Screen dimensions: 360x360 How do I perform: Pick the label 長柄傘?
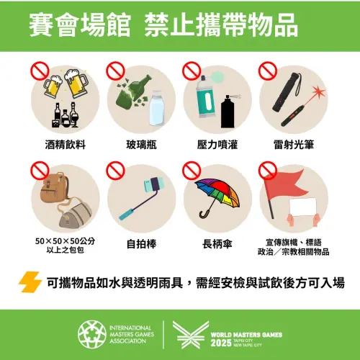point(217,243)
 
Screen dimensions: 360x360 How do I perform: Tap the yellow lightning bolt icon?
point(30,282)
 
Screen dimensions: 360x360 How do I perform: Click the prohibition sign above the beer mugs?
point(38,70)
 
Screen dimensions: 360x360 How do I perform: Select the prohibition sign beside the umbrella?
point(191,170)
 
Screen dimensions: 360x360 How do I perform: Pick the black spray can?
point(228,112)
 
